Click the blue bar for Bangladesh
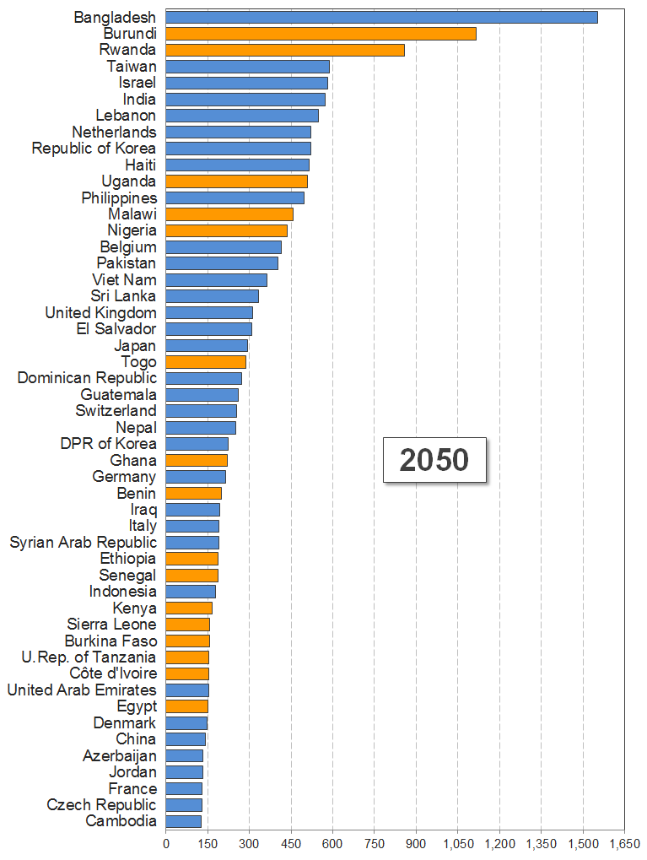click(x=381, y=17)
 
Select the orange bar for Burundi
click(x=321, y=34)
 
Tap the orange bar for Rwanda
click(x=285, y=50)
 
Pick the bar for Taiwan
click(x=247, y=67)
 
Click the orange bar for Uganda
click(x=236, y=181)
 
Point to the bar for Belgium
click(x=224, y=247)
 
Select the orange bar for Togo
click(x=206, y=362)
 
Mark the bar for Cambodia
click(x=183, y=821)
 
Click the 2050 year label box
click(x=434, y=460)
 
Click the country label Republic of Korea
click(x=94, y=149)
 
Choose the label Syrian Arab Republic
click(x=83, y=542)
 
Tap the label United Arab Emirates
click(x=82, y=690)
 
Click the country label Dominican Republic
click(x=87, y=378)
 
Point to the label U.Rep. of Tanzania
click(x=89, y=657)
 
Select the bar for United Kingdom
click(x=209, y=313)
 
